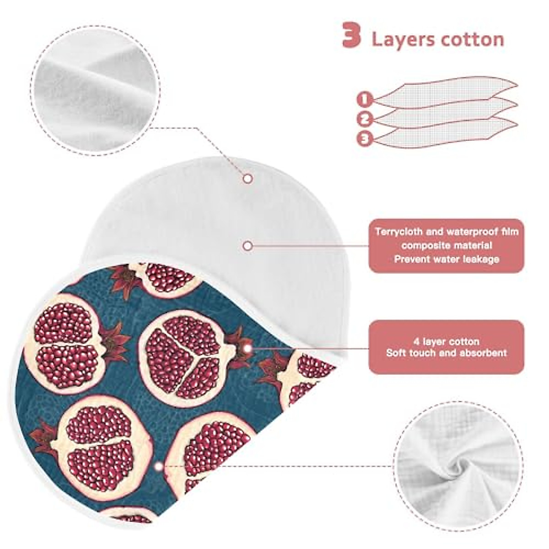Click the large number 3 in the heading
pyautogui.click(x=351, y=37)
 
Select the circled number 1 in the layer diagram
pyautogui.click(x=364, y=98)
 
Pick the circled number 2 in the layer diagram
pyautogui.click(x=364, y=119)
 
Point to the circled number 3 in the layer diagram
pyautogui.click(x=364, y=138)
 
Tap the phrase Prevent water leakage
pyautogui.click(x=447, y=259)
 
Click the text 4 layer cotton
pyautogui.click(x=446, y=341)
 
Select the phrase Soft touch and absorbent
pyautogui.click(x=446, y=353)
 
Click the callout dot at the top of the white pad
pyautogui.click(x=248, y=178)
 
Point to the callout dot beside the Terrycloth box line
pyautogui.click(x=248, y=246)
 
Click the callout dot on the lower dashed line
pyautogui.click(x=158, y=467)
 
